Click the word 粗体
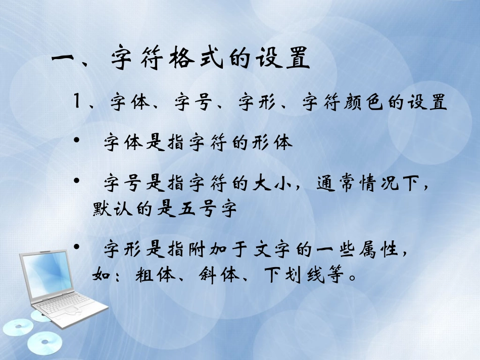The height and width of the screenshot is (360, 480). [156, 276]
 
